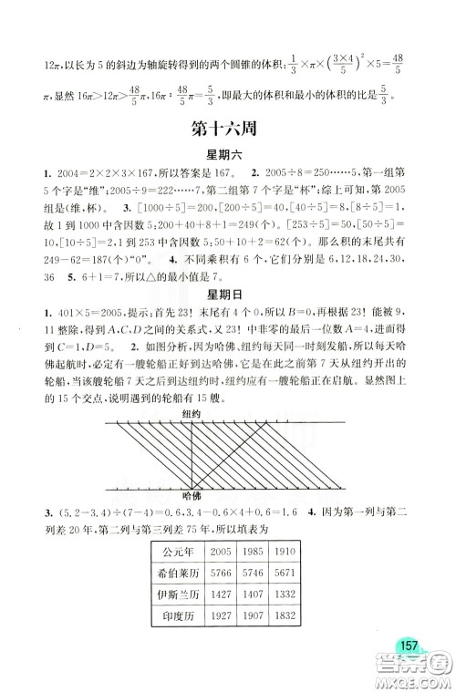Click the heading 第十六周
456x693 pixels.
coord(227,129)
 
